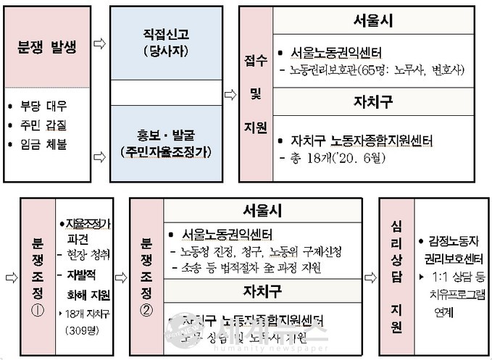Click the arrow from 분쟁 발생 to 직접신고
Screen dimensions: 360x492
(x=100, y=44)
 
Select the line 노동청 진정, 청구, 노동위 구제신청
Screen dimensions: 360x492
(x=264, y=251)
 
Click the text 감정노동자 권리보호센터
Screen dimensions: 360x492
(x=446, y=247)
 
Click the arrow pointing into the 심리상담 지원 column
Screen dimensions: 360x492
(x=370, y=277)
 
